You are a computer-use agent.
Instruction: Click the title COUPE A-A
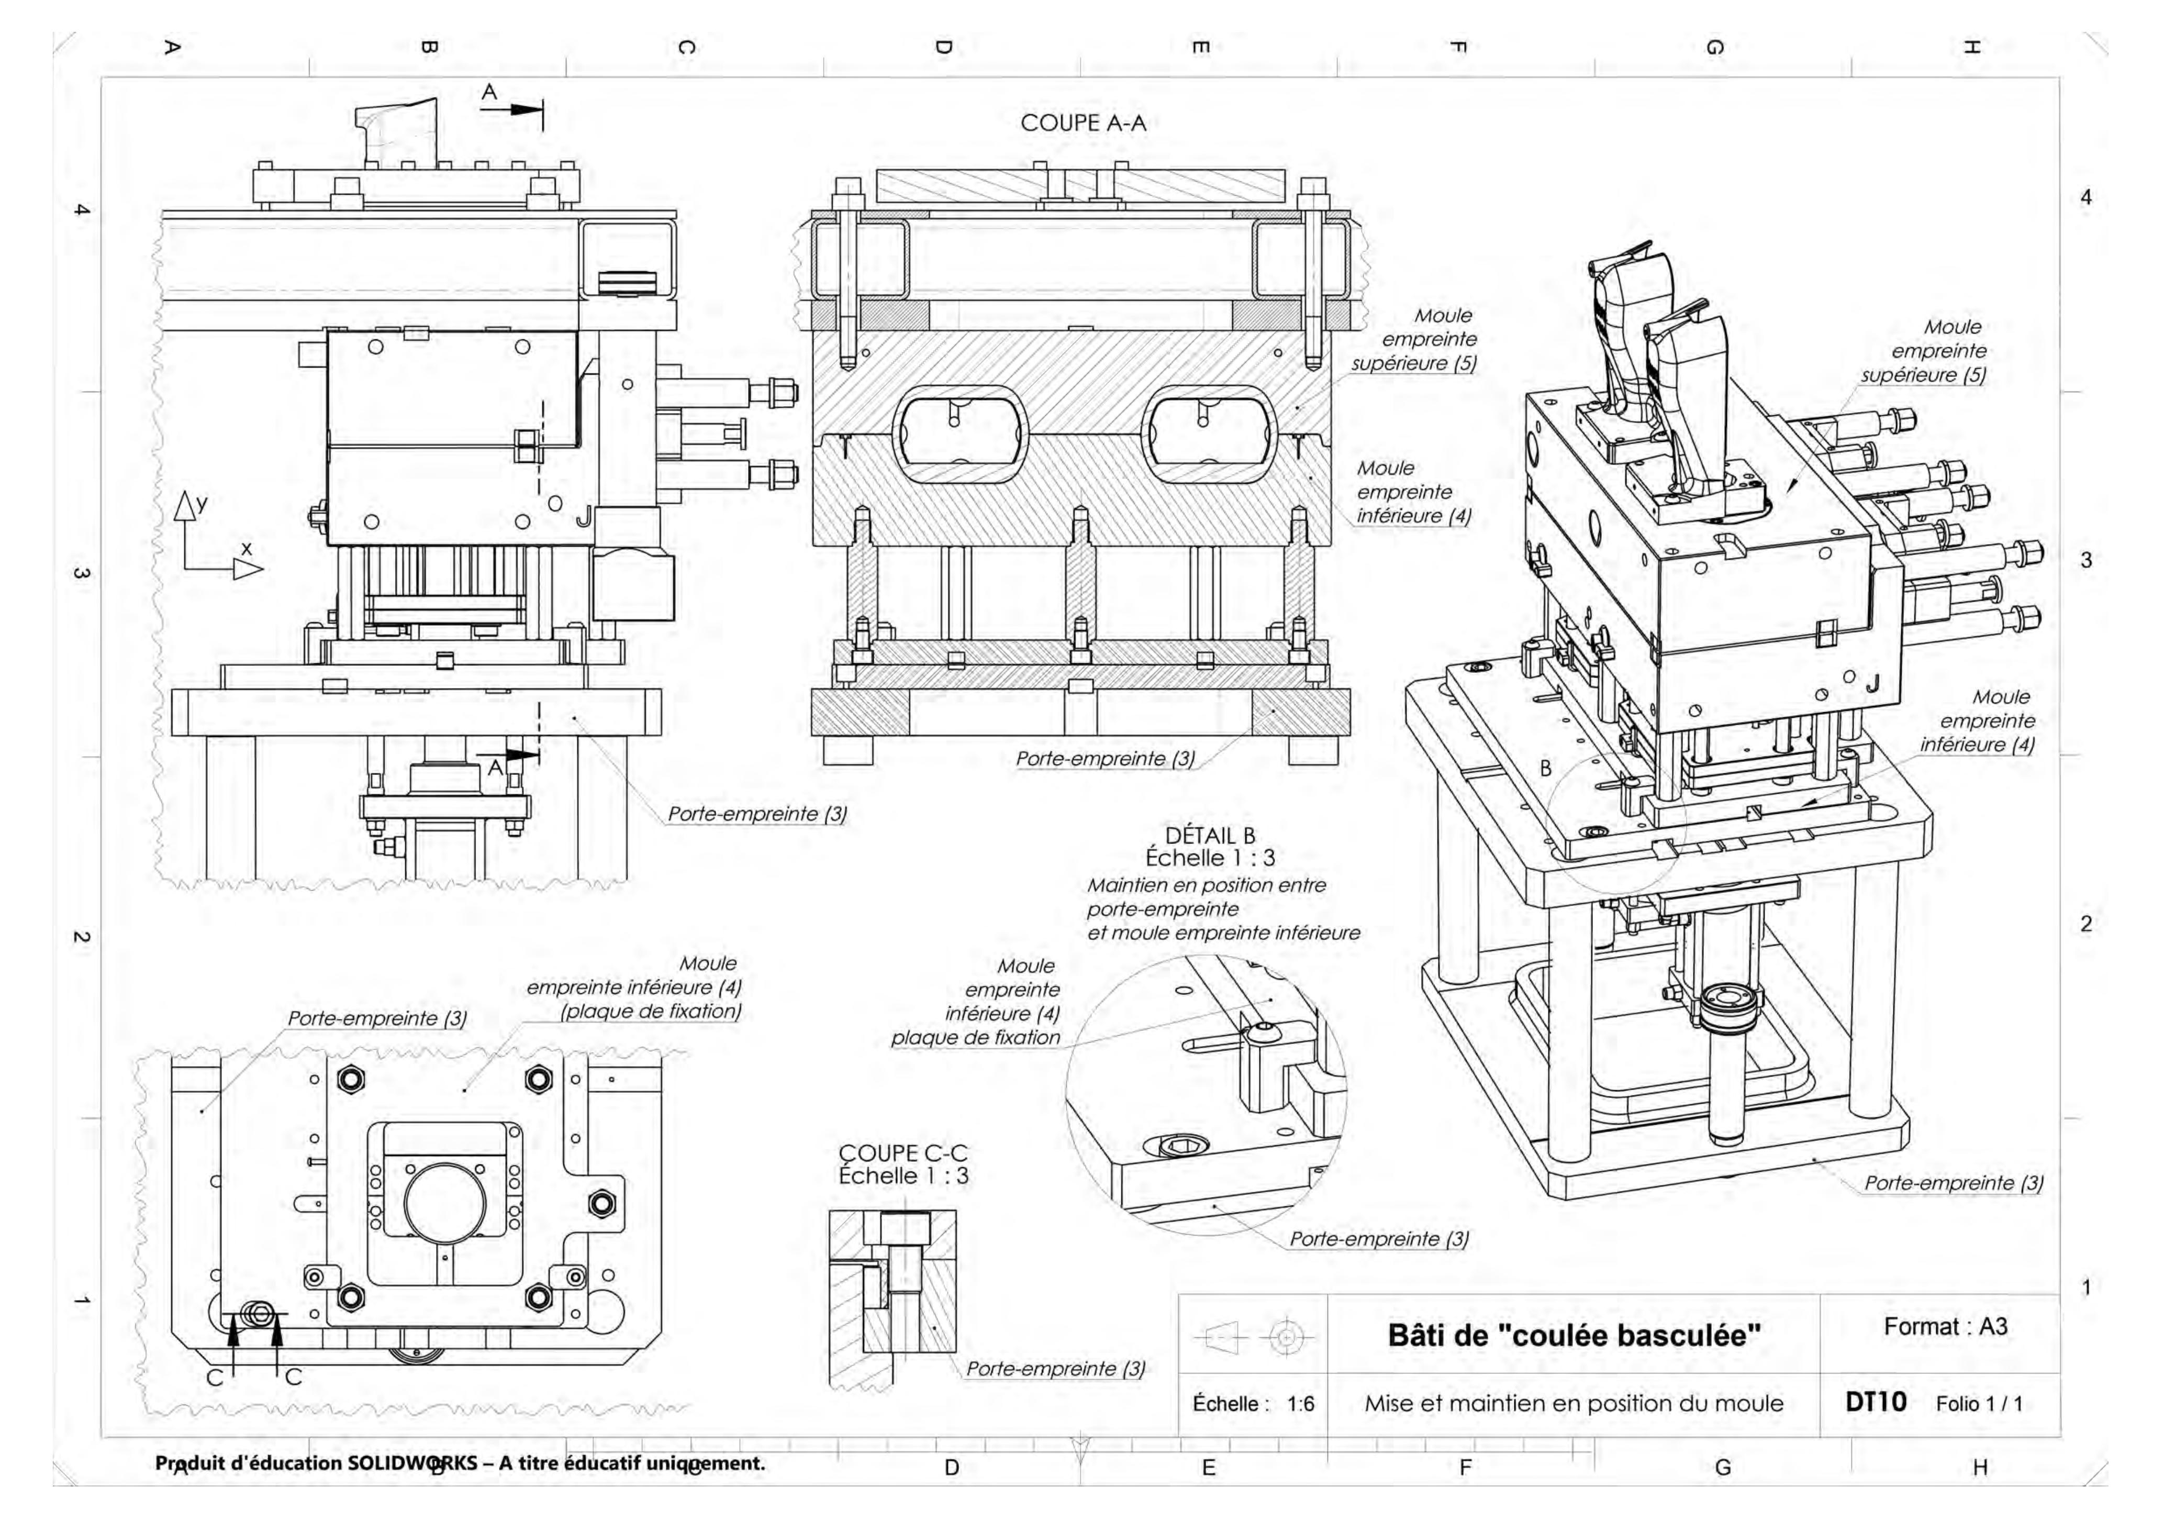click(1083, 123)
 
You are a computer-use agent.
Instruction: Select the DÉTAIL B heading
click(1210, 835)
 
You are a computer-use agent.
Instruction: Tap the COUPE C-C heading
click(903, 1153)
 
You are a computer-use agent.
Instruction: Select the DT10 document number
click(1876, 1402)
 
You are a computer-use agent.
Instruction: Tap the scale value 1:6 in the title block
click(1301, 1404)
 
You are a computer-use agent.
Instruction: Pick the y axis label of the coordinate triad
click(202, 503)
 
